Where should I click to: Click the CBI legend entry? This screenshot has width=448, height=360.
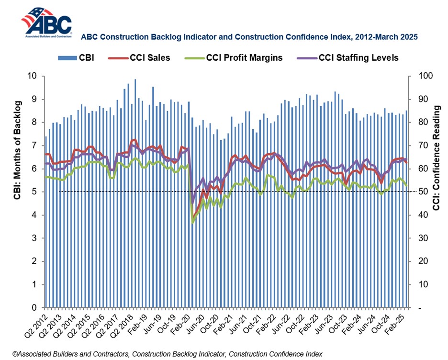(x=77, y=58)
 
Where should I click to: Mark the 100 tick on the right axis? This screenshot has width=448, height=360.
(x=425, y=76)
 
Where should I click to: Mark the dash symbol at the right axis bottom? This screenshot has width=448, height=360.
(x=419, y=308)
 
